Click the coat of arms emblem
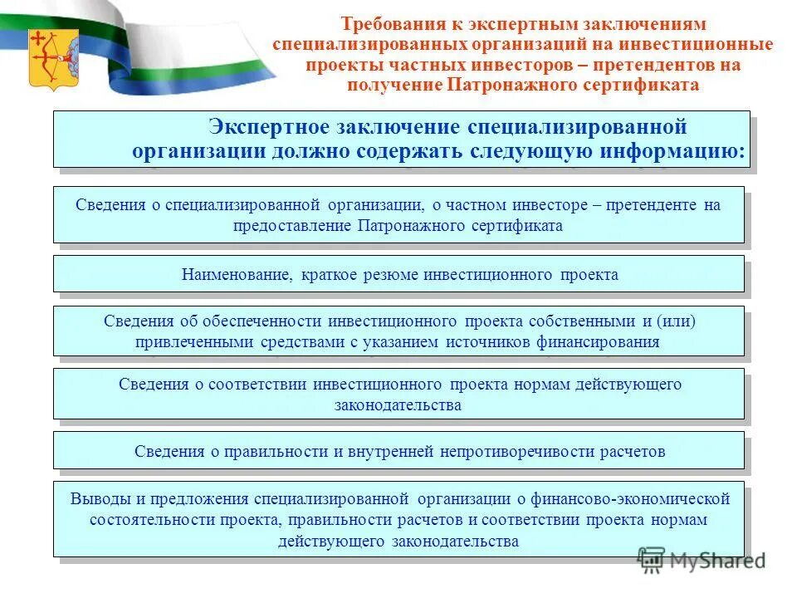(53, 58)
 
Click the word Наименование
(235, 275)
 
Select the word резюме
(390, 275)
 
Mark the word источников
(482, 341)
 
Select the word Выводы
(95, 499)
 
